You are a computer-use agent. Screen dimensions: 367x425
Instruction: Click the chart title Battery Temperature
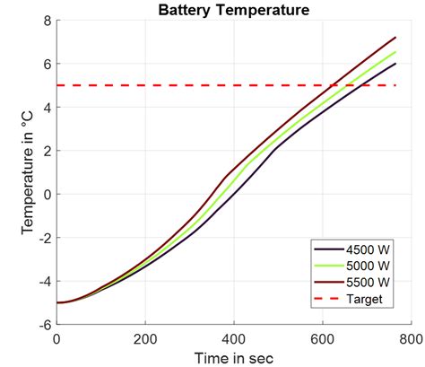[x=233, y=11]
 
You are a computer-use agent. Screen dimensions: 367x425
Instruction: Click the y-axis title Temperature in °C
[x=28, y=172]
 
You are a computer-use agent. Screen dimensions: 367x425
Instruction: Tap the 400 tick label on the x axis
[x=233, y=339]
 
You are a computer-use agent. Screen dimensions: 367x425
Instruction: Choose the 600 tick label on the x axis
[x=322, y=339]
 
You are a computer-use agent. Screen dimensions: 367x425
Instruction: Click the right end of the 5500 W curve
[x=395, y=38]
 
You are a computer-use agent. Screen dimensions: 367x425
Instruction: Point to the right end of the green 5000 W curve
[x=395, y=52]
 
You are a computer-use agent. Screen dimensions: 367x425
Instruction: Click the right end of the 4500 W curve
[x=395, y=64]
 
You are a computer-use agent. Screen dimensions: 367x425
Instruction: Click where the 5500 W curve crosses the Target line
[x=332, y=85]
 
